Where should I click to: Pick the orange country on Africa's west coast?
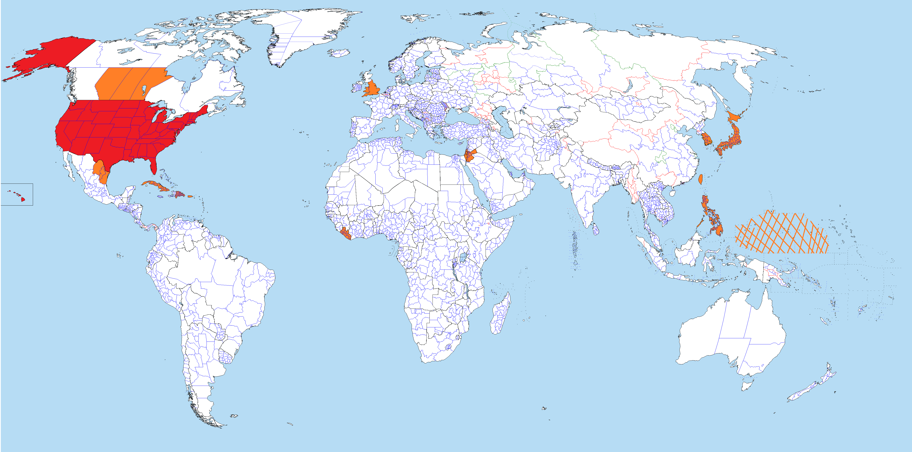click(345, 234)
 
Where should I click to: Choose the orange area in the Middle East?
click(469, 156)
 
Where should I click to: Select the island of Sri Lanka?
click(596, 230)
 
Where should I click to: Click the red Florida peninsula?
click(153, 166)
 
